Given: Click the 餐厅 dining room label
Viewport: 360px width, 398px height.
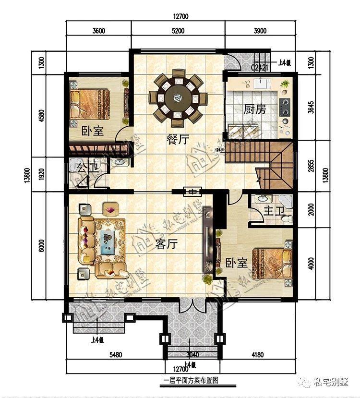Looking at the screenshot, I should point(177,140).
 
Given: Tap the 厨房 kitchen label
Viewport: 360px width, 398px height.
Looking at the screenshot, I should point(254,109).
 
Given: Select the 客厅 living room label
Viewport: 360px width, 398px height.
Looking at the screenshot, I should point(167,244).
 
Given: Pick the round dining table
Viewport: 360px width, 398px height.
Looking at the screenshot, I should point(177,99).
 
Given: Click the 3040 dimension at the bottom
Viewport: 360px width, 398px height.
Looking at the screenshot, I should point(191,355).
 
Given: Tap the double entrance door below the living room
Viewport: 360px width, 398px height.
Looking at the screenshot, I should point(191,305).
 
